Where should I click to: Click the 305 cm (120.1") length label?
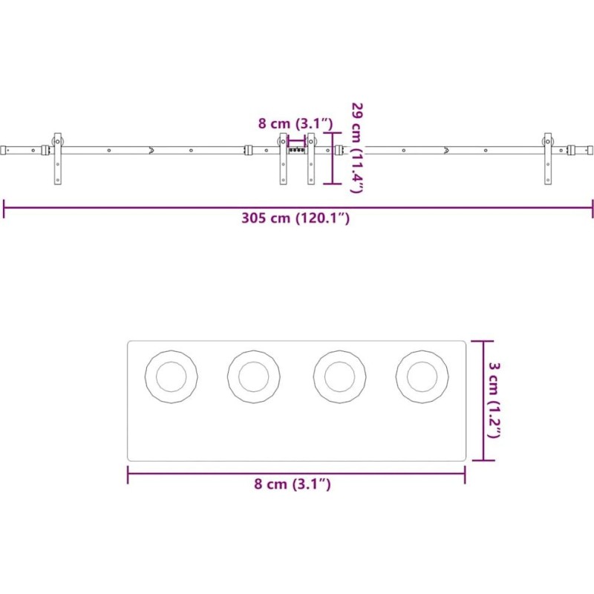click(x=296, y=218)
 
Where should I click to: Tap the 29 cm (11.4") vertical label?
click(x=357, y=147)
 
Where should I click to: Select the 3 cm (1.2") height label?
click(x=494, y=400)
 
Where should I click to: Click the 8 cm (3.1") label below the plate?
click(x=292, y=484)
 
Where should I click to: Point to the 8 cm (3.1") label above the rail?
click(x=296, y=123)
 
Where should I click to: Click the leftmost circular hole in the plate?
click(x=172, y=376)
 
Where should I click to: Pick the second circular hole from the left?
click(x=254, y=376)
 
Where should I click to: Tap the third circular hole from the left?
click(x=340, y=376)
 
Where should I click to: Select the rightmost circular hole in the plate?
click(x=422, y=376)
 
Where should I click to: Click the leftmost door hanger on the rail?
click(x=58, y=159)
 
